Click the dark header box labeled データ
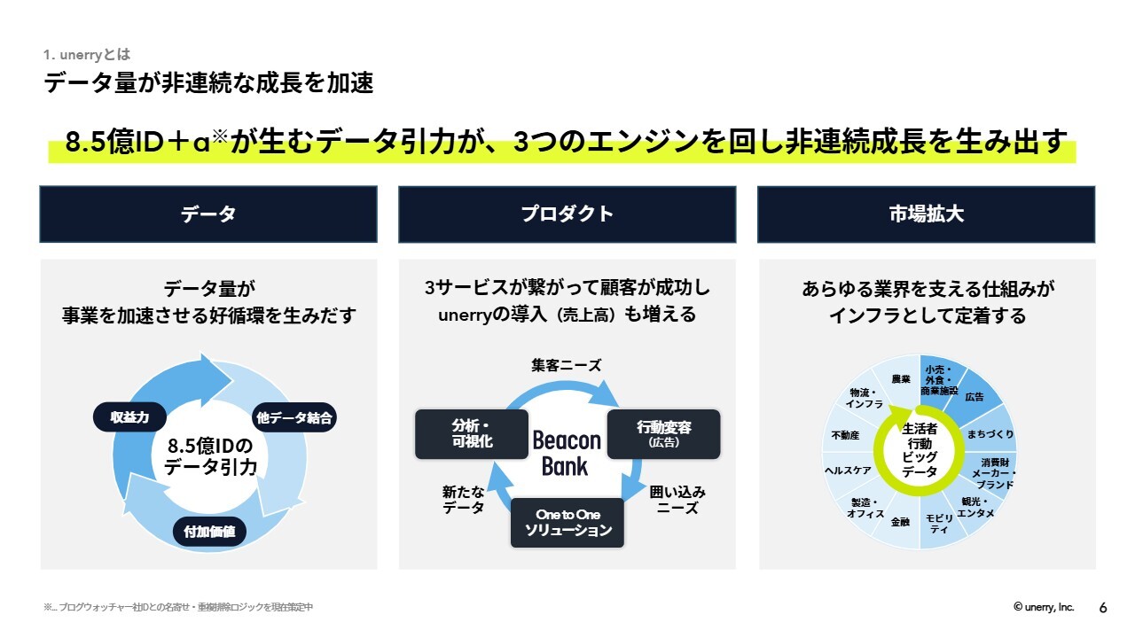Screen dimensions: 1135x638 208,214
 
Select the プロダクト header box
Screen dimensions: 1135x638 567,214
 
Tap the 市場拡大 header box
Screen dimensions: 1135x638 927,214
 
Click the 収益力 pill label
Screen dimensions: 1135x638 129,417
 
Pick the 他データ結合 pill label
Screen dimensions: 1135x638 294,417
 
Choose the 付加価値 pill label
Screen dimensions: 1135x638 209,532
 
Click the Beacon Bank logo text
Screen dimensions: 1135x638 566,453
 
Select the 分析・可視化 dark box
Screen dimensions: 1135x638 472,434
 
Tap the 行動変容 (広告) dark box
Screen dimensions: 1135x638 664,434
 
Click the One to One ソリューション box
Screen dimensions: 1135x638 567,523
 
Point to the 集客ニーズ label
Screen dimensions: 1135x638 567,365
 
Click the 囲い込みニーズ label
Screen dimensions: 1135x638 677,500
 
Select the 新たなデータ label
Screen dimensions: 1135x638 463,500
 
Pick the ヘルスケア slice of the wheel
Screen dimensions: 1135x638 848,471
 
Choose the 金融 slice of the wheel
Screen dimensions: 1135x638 900,522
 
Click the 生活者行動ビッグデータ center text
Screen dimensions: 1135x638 920,450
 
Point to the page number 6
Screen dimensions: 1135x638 1103,608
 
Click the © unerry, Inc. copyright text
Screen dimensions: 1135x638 1044,607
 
